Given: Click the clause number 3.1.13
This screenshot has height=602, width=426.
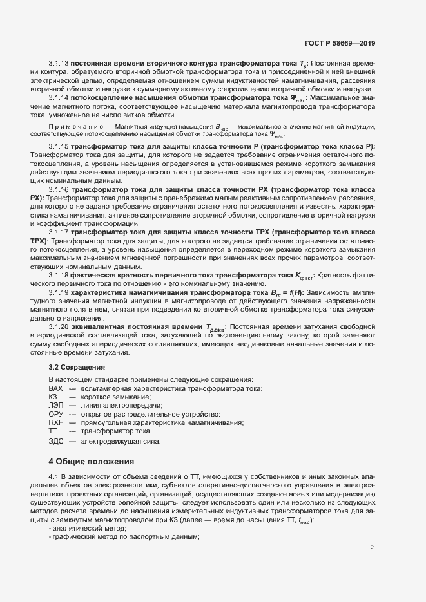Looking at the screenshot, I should (59, 63).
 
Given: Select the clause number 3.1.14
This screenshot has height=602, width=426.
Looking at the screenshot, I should (59, 97).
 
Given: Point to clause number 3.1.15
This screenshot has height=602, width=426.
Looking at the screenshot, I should (59, 147).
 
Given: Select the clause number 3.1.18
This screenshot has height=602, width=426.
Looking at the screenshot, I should (59, 275).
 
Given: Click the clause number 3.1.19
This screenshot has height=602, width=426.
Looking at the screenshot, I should (59, 292).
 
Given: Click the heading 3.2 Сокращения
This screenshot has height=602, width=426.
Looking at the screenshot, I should (73, 367).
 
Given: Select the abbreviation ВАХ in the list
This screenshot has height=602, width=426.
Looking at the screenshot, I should (56, 390).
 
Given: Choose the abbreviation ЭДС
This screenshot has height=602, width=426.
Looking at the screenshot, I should (56, 441).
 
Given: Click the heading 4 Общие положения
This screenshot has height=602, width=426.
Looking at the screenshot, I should (92, 462).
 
